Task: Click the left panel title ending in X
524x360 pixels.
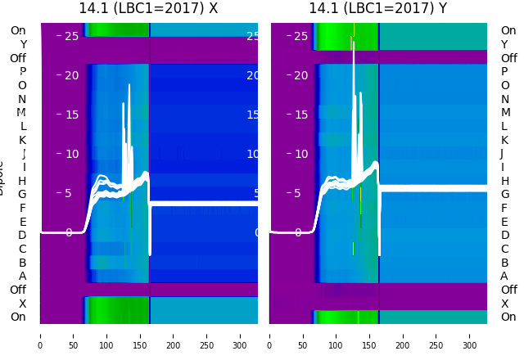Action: pyautogui.click(x=148, y=8)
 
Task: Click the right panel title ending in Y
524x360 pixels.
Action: pyautogui.click(x=377, y=8)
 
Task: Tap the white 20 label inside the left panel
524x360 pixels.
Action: pyautogui.click(x=73, y=75)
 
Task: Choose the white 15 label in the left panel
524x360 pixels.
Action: pyautogui.click(x=73, y=115)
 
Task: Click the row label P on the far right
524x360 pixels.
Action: pyautogui.click(x=504, y=72)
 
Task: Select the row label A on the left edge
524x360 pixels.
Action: pyautogui.click(x=22, y=276)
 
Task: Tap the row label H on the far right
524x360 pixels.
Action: pyautogui.click(x=504, y=181)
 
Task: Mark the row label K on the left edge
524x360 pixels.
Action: pyautogui.click(x=22, y=140)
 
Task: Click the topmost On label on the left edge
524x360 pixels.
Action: pyautogui.click(x=18, y=31)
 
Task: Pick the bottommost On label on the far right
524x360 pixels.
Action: pyautogui.click(x=508, y=317)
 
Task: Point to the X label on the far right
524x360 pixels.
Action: pyautogui.click(x=504, y=304)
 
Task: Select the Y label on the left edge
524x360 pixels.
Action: pyautogui.click(x=23, y=45)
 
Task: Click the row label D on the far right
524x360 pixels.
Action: pyautogui.click(x=504, y=235)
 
